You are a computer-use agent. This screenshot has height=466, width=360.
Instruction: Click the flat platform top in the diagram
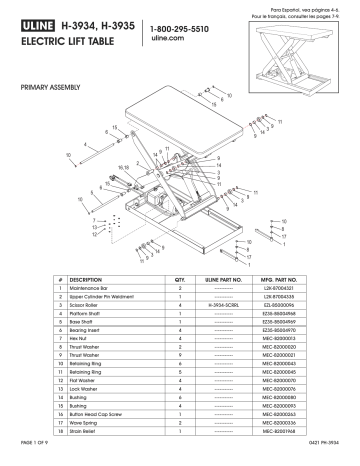coord(190,117)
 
